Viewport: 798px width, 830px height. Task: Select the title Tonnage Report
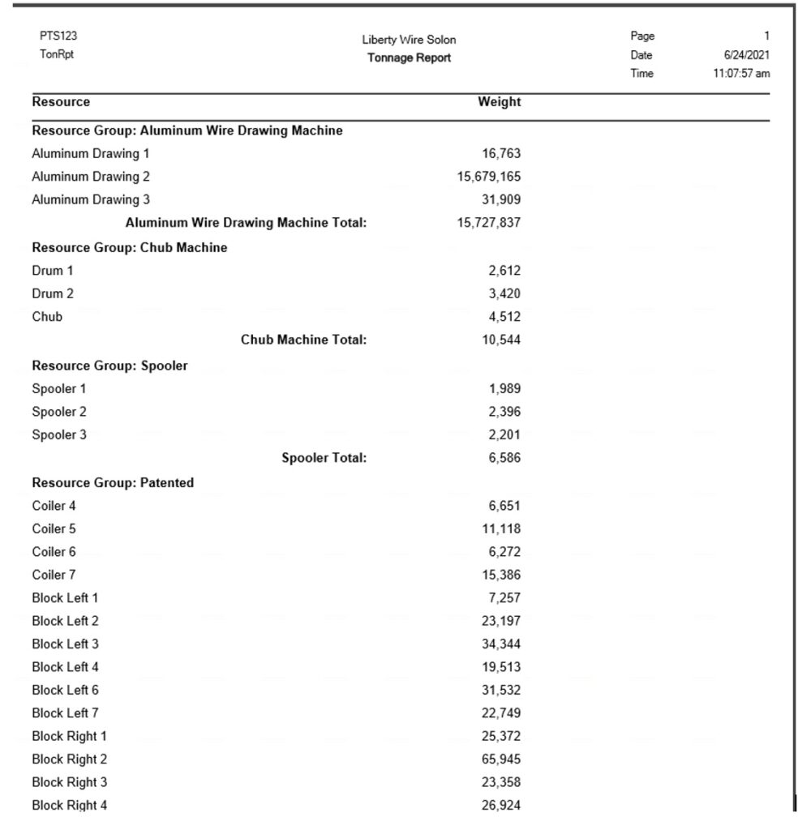tap(409, 58)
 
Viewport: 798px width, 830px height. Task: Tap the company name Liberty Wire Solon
tap(409, 40)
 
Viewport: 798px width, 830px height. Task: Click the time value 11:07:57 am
tap(737, 74)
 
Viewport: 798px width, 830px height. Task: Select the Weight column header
tap(500, 102)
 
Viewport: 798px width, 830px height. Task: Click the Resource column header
tap(61, 102)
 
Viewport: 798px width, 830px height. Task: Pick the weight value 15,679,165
tap(489, 177)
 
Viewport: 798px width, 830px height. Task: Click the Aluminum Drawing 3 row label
tap(91, 199)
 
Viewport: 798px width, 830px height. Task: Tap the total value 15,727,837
tap(489, 223)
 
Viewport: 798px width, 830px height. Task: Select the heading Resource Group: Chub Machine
tap(130, 248)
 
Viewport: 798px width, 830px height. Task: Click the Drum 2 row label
tap(53, 293)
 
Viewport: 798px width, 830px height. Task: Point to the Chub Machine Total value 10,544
tap(501, 340)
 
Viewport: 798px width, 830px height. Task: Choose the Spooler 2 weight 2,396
tap(504, 412)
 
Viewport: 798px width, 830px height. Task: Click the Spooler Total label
tap(324, 458)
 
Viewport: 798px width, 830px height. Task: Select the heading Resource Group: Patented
tap(113, 483)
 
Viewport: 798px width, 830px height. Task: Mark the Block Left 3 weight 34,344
tap(501, 644)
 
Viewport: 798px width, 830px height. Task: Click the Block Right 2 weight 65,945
tap(501, 759)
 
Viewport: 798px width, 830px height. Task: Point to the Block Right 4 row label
tap(70, 806)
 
